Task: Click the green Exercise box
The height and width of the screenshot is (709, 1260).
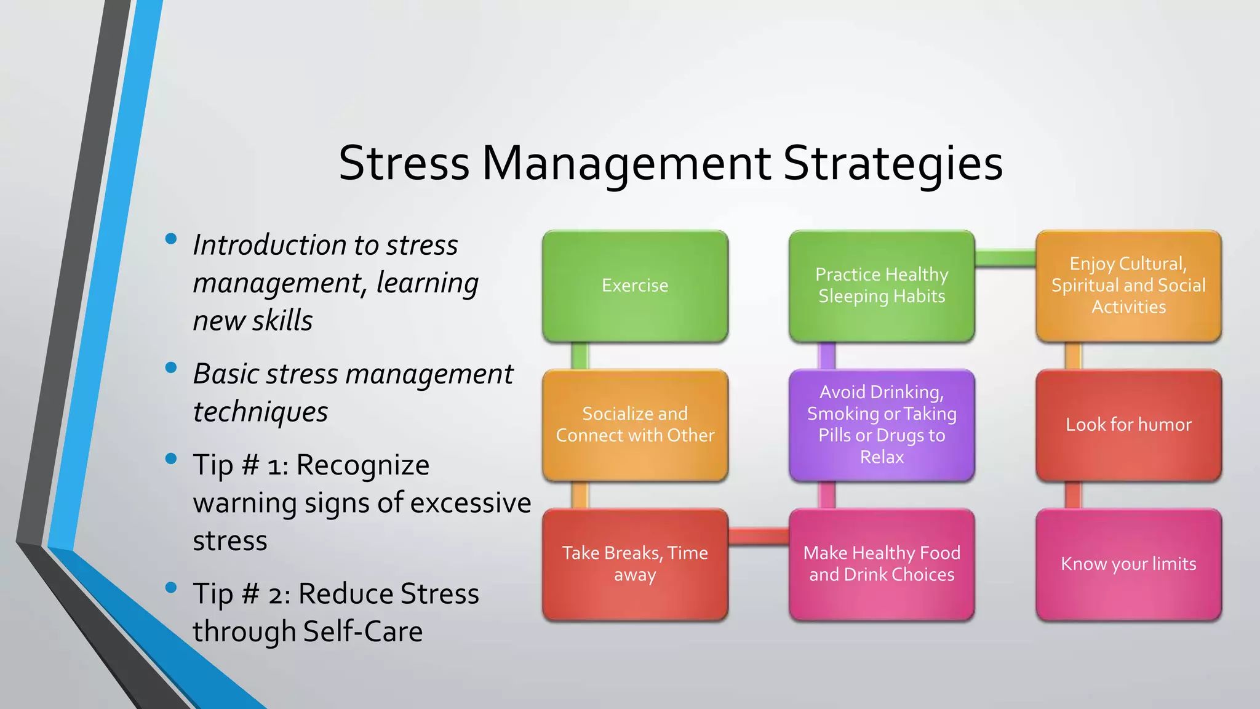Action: (635, 286)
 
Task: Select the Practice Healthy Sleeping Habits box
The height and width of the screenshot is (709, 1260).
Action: (882, 286)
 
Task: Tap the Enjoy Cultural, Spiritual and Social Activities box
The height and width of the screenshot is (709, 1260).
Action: (1128, 286)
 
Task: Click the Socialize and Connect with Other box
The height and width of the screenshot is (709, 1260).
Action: (635, 425)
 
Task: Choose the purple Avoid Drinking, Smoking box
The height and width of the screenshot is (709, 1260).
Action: (882, 425)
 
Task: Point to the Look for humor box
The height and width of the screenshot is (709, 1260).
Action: (1128, 425)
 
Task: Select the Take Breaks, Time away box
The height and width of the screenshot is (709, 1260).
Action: (635, 564)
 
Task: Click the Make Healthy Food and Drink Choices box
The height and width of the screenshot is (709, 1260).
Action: (882, 564)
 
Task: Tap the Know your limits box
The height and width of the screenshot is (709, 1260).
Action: (1128, 564)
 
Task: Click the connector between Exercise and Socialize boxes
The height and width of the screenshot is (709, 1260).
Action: (580, 356)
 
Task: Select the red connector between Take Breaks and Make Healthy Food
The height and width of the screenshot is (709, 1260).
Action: (759, 536)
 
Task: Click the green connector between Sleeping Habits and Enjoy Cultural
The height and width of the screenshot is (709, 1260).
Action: (1005, 258)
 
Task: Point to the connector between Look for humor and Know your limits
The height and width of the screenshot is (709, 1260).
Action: (1073, 495)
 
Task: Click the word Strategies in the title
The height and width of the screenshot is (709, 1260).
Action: (893, 164)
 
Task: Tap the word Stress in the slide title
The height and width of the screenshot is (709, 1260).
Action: (404, 164)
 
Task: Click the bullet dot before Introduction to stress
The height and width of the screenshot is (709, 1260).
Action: (171, 239)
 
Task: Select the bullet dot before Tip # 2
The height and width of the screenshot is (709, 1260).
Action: (171, 587)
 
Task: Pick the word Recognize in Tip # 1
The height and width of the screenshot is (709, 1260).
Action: (362, 465)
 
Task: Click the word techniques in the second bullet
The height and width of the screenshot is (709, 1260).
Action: (260, 412)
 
